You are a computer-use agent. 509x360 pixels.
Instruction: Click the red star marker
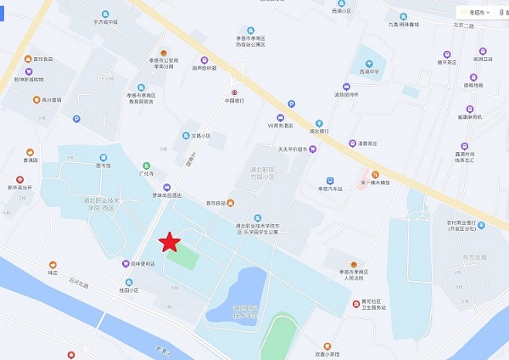[171, 242]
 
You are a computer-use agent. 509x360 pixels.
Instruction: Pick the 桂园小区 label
[128, 290]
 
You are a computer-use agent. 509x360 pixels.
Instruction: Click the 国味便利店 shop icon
[125, 264]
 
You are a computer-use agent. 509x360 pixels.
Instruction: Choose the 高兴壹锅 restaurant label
[52, 99]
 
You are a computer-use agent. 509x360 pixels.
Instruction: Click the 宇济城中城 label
[105, 22]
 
